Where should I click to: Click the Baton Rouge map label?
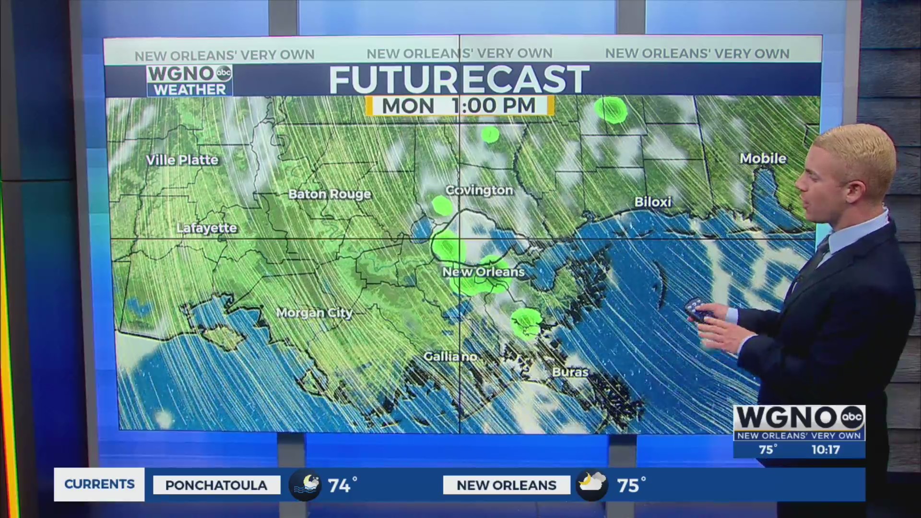pyautogui.click(x=330, y=194)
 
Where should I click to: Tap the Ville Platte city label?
pyautogui.click(x=182, y=160)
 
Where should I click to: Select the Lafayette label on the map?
pyautogui.click(x=207, y=228)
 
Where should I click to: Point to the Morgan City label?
pyautogui.click(x=314, y=313)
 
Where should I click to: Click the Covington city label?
pyautogui.click(x=479, y=190)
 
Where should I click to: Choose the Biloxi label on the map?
pyautogui.click(x=653, y=202)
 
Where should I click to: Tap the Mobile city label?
pyautogui.click(x=763, y=158)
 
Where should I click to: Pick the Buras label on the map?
pyautogui.click(x=570, y=372)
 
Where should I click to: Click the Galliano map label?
pyautogui.click(x=450, y=356)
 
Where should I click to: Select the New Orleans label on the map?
pyautogui.click(x=483, y=272)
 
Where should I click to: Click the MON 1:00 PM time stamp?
pyautogui.click(x=459, y=106)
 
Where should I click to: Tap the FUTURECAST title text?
pyautogui.click(x=459, y=80)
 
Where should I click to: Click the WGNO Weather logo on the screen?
pyautogui.click(x=189, y=81)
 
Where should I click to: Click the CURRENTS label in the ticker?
pyautogui.click(x=99, y=484)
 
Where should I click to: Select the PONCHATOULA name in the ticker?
pyautogui.click(x=216, y=485)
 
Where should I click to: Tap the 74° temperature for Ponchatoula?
pyautogui.click(x=342, y=485)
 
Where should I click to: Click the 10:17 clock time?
pyautogui.click(x=825, y=449)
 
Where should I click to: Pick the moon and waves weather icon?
pyautogui.click(x=305, y=485)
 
